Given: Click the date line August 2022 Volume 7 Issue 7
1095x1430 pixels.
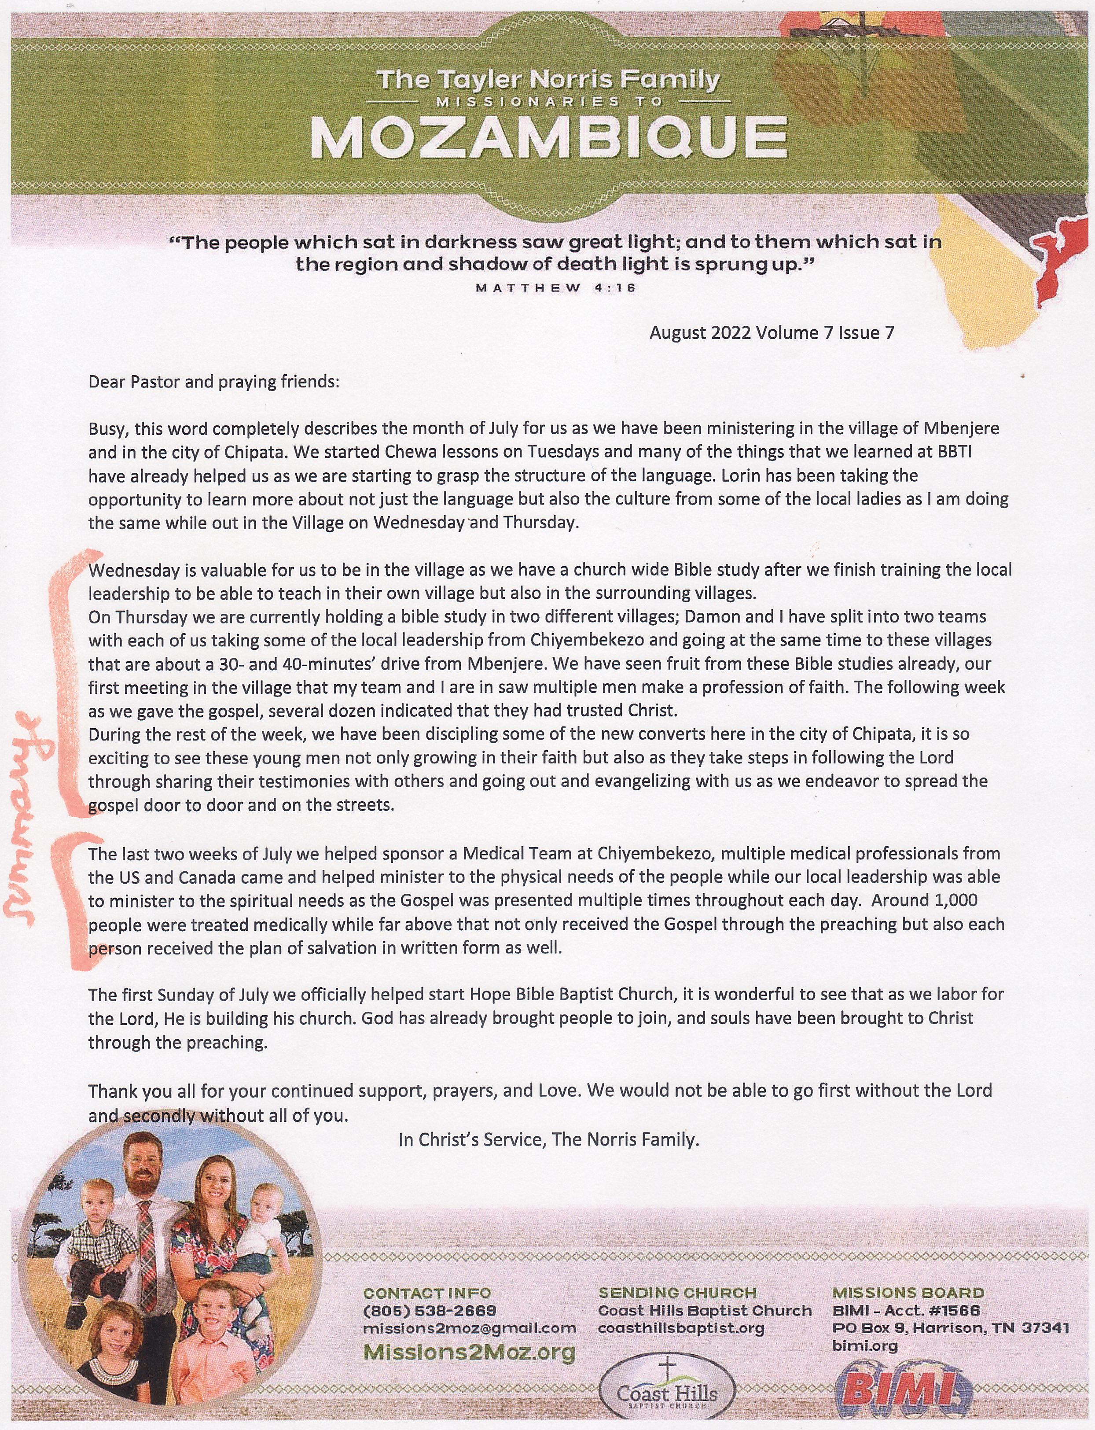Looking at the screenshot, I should pyautogui.click(x=771, y=333).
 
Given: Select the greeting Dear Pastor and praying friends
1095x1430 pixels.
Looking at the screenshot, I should pyautogui.click(x=214, y=381).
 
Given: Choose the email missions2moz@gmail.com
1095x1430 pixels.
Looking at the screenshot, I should pyautogui.click(x=469, y=1327).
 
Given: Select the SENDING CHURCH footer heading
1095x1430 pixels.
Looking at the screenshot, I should pyautogui.click(x=677, y=1292).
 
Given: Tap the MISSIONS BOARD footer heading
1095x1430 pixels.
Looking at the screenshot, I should pyautogui.click(x=908, y=1292).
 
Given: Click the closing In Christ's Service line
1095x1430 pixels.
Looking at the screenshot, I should pyautogui.click(x=549, y=1139).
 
